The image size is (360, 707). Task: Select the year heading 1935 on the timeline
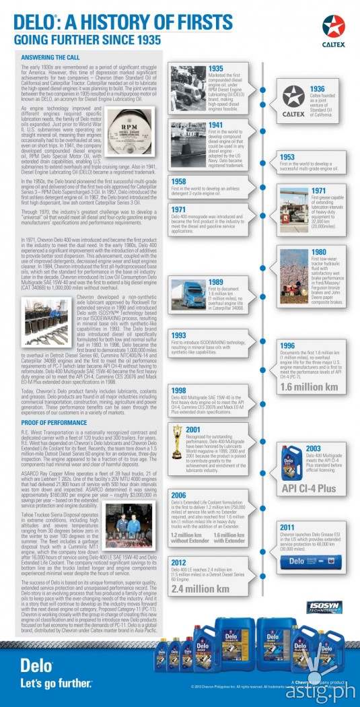(217, 68)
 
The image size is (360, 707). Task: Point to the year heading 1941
(217, 125)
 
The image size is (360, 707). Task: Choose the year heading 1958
(179, 181)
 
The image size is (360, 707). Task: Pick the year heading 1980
(318, 252)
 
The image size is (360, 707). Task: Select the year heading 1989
(217, 282)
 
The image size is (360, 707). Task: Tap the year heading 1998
(179, 390)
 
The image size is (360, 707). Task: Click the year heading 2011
(287, 527)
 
